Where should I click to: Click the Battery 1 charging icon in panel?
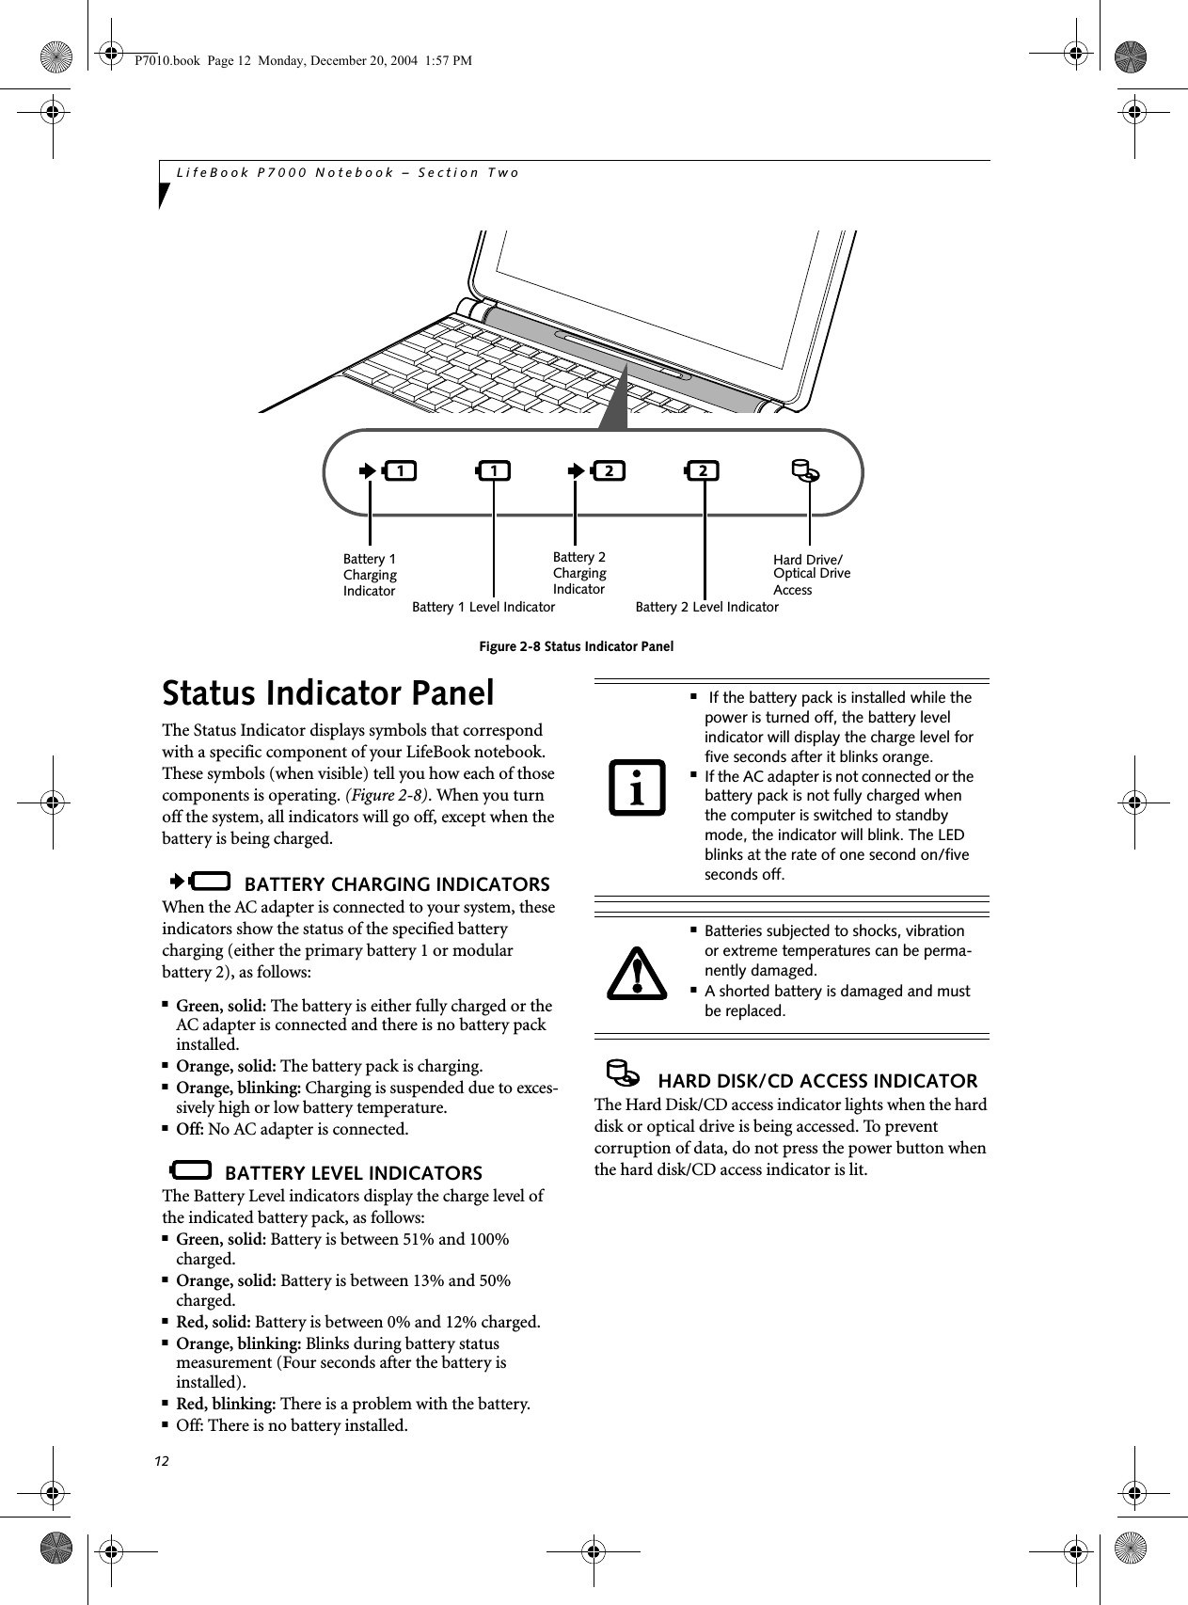390,469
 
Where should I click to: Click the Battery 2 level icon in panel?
702,469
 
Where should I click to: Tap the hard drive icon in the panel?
804,470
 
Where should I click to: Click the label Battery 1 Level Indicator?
483,608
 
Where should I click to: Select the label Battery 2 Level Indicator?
706,608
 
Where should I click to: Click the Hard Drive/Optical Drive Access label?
811,574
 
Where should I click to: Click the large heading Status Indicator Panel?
327,693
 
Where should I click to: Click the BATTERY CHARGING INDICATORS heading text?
396,884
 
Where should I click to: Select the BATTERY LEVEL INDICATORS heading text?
354,1173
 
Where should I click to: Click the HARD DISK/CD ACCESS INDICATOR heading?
816,1081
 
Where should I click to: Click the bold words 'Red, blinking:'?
226,1404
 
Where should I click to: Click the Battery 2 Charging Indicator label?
578,573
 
